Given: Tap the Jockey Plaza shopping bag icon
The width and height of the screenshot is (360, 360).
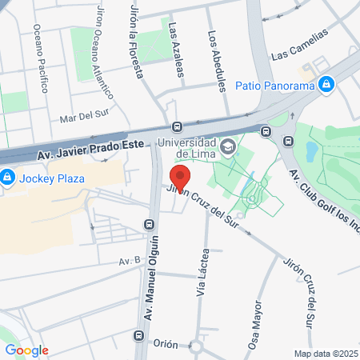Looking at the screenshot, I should point(7,177).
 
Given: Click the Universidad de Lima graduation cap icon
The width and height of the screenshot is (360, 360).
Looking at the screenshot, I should point(229,146).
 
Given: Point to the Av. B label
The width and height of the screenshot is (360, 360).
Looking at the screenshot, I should point(129,261).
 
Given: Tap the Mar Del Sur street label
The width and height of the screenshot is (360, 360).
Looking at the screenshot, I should point(83,118).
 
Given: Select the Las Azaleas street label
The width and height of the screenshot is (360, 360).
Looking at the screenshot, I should point(176,50).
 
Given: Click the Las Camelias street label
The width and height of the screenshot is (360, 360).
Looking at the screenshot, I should point(300,47).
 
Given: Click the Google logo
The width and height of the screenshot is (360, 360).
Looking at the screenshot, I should point(26,350).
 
